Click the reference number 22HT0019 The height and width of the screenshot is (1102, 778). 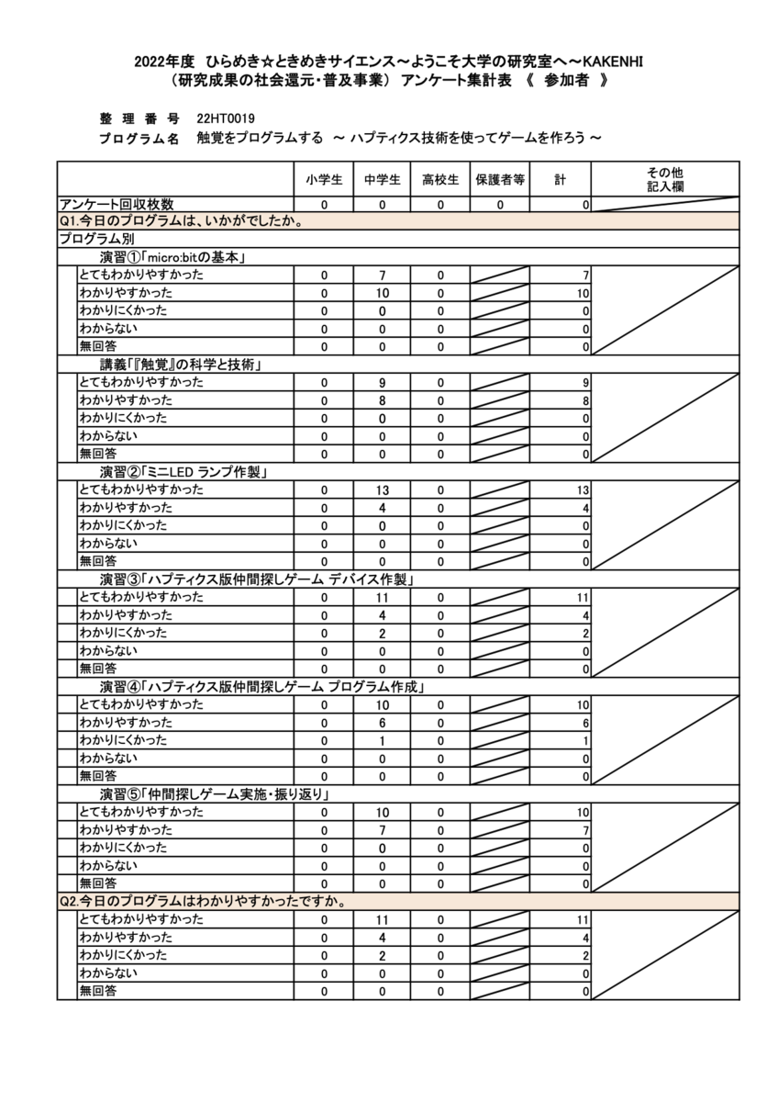coord(226,119)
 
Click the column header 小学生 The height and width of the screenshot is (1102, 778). coord(324,180)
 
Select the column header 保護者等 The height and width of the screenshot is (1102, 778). coord(499,180)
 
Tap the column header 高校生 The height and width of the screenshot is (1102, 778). coord(440,180)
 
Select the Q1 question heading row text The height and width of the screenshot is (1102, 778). coord(181,221)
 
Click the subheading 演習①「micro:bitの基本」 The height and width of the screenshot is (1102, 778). coord(171,257)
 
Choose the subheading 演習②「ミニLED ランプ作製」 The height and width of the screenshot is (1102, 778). coord(183,472)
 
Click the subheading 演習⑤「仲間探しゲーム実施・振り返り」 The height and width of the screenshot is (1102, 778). coord(214,793)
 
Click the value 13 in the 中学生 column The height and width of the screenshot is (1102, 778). coord(383,490)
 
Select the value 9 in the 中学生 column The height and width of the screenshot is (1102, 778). coord(383,383)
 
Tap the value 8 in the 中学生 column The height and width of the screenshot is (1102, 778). coord(383,400)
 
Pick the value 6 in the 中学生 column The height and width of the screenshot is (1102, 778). coord(383,723)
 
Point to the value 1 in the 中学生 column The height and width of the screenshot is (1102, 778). coord(383,740)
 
